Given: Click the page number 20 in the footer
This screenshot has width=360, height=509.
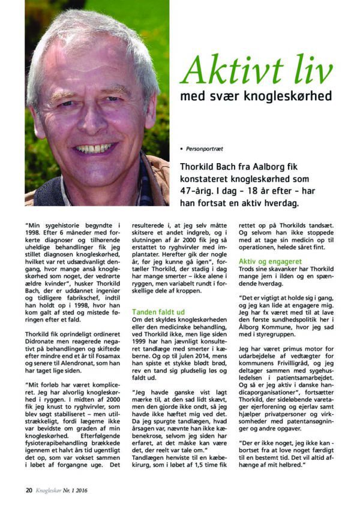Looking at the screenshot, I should click(x=28, y=490).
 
